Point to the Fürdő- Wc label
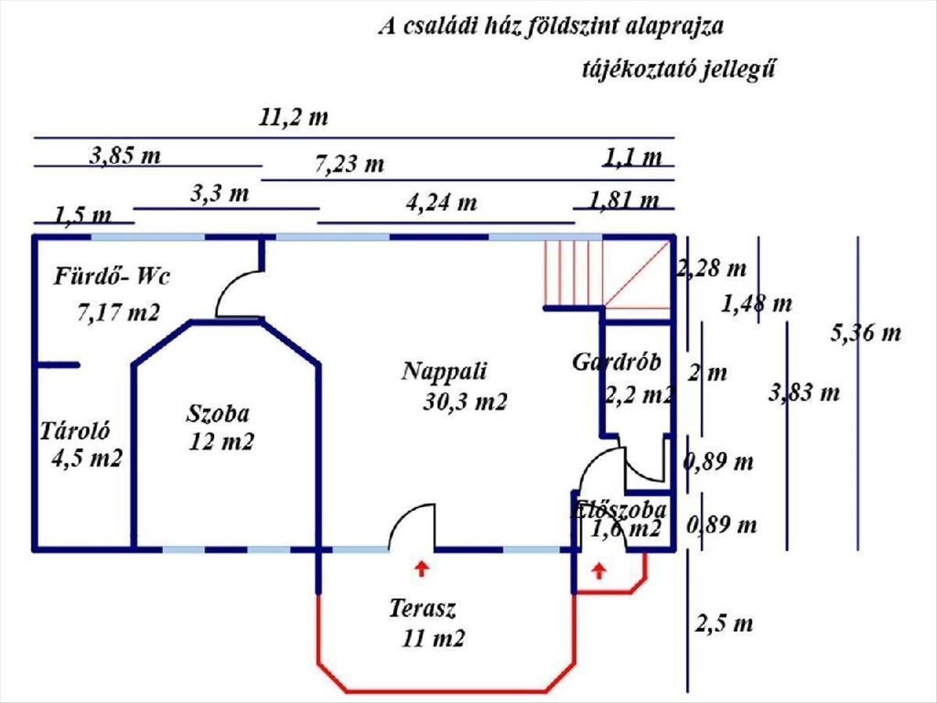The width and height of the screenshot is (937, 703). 112,277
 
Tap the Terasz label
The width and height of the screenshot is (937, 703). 422,608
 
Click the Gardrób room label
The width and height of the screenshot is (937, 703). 617,362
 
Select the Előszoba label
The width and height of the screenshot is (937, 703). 618,511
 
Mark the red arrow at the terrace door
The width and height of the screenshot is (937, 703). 422,568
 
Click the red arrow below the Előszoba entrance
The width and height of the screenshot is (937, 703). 599,571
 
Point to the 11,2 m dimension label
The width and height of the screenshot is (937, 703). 294,119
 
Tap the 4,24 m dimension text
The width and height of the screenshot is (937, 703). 441,203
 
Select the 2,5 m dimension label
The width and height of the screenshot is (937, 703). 724,624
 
